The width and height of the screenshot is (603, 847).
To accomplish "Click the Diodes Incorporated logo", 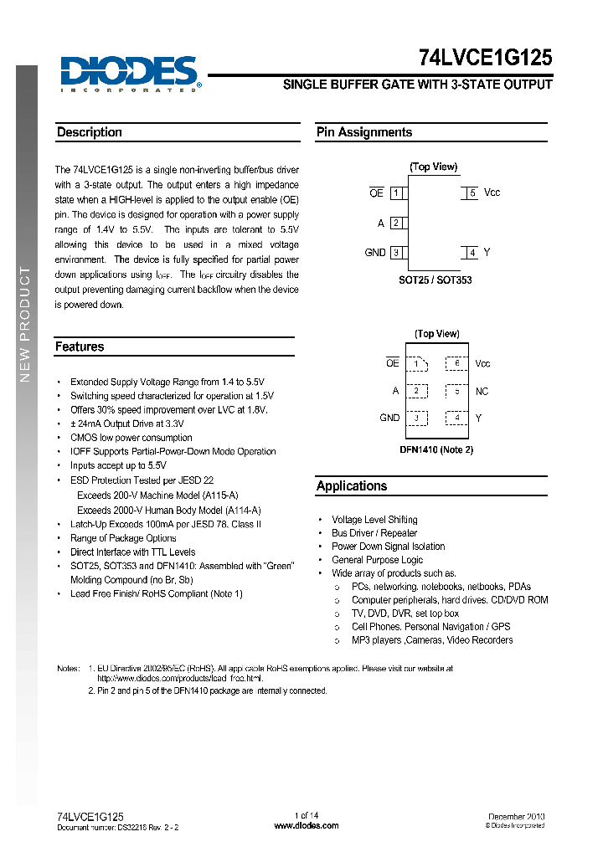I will (x=129, y=72).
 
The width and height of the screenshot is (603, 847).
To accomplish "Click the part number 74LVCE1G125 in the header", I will (x=485, y=57).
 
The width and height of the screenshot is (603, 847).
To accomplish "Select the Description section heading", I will (x=90, y=132).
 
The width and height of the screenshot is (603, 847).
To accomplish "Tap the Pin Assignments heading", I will (x=364, y=132).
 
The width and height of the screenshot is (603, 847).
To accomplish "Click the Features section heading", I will (x=80, y=346).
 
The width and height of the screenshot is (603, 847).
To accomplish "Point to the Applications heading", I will (x=352, y=486).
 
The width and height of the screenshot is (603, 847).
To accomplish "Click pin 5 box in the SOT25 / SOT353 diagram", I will (x=472, y=192).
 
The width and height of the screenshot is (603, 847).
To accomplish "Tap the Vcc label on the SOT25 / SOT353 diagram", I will (x=492, y=192).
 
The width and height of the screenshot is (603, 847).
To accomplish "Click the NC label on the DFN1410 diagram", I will (x=482, y=391).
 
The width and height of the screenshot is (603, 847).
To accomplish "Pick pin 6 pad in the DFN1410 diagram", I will (x=456, y=363).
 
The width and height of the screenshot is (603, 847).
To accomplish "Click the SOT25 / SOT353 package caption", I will (x=435, y=280).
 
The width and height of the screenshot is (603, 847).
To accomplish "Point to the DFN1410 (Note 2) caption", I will (x=436, y=450).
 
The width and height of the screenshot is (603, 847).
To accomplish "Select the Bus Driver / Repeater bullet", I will (x=374, y=533).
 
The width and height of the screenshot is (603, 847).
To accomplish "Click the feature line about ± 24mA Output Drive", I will (x=126, y=423).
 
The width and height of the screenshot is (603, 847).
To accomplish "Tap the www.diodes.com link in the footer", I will (x=307, y=825).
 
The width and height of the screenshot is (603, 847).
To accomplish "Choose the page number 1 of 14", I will (x=307, y=816).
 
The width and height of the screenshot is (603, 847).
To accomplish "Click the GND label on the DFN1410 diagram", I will (x=389, y=418).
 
